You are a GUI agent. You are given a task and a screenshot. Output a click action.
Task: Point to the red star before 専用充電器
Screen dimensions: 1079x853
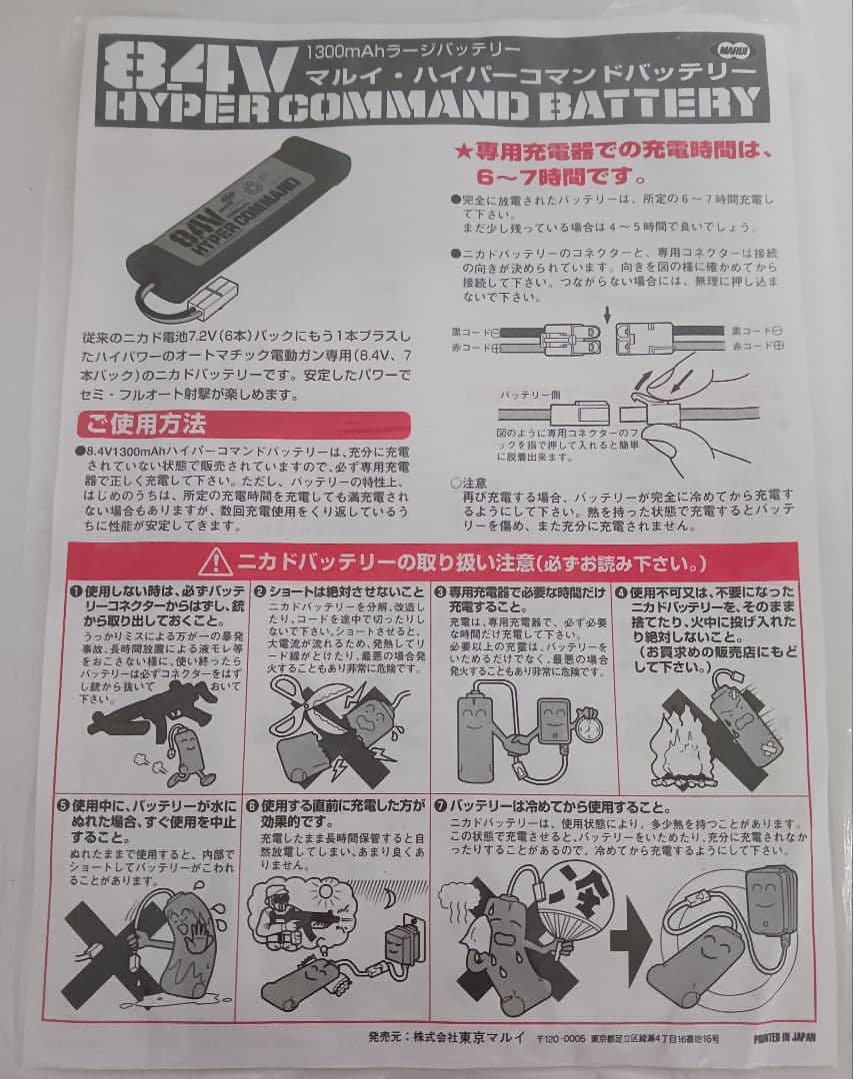[462, 154]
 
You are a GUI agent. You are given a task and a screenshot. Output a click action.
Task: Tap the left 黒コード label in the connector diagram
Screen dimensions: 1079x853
[469, 330]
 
